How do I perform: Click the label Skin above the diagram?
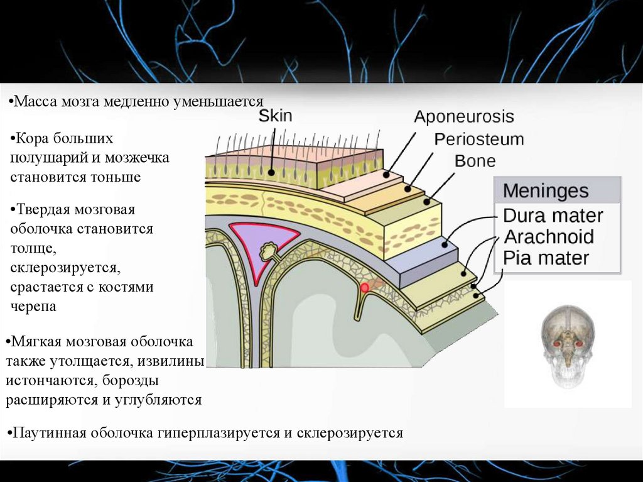click(x=275, y=116)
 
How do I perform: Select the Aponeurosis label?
click(x=464, y=117)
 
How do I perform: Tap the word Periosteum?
click(x=479, y=139)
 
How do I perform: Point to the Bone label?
click(x=475, y=161)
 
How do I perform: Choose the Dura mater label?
click(x=553, y=216)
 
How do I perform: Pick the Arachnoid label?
click(x=549, y=237)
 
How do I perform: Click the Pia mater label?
click(x=546, y=258)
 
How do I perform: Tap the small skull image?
click(x=568, y=344)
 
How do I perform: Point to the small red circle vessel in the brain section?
click(x=364, y=287)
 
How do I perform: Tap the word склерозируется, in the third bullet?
click(x=64, y=268)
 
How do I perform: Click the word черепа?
click(x=33, y=307)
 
